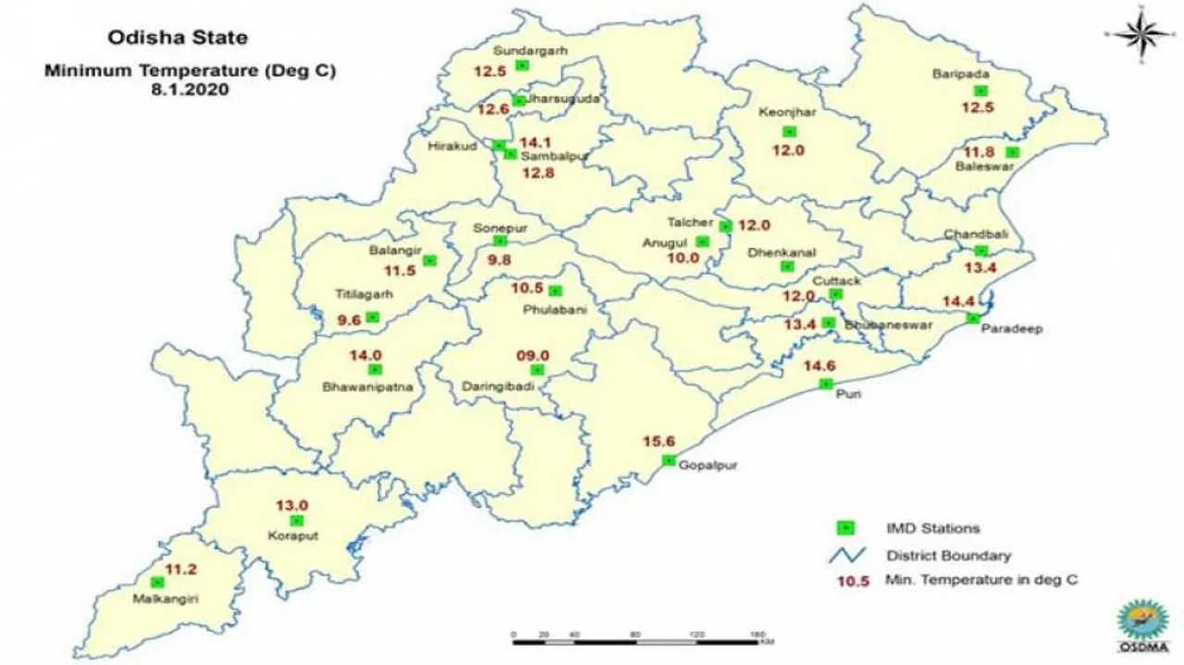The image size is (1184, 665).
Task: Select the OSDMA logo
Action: pyautogui.click(x=1143, y=625)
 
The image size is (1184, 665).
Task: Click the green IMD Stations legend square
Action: pyautogui.click(x=845, y=528)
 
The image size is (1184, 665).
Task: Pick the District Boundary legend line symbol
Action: pyautogui.click(x=845, y=555)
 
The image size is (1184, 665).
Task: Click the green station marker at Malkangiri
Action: pyautogui.click(x=158, y=582)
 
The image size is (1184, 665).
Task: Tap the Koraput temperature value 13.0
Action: pyautogui.click(x=291, y=505)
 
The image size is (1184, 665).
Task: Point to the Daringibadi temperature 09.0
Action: pyautogui.click(x=533, y=355)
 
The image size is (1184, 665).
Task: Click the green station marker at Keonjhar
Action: pyautogui.click(x=788, y=131)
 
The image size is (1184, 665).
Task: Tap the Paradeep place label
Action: pyautogui.click(x=1002, y=329)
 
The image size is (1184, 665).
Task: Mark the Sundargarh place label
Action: pyautogui.click(x=530, y=50)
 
